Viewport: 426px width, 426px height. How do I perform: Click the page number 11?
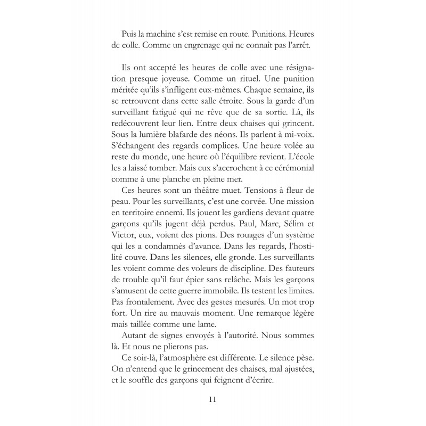213,398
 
